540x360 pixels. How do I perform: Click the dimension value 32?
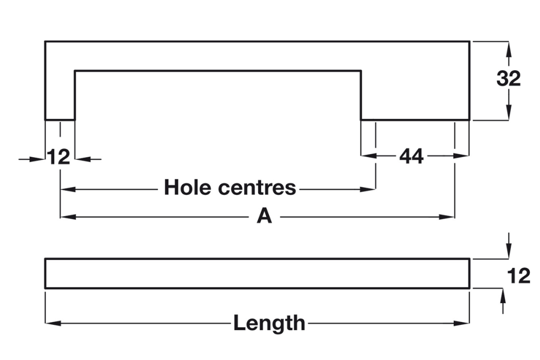click(509, 79)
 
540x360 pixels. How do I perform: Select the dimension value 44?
click(411, 157)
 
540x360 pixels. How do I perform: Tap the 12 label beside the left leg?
click(58, 158)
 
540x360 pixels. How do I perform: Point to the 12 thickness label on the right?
click(519, 276)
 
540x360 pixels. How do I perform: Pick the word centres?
click(258, 188)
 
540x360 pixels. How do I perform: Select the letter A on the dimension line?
click(264, 216)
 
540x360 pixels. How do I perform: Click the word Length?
click(269, 323)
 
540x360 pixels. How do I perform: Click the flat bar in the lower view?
click(257, 274)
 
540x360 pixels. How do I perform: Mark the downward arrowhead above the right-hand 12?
click(508, 251)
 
